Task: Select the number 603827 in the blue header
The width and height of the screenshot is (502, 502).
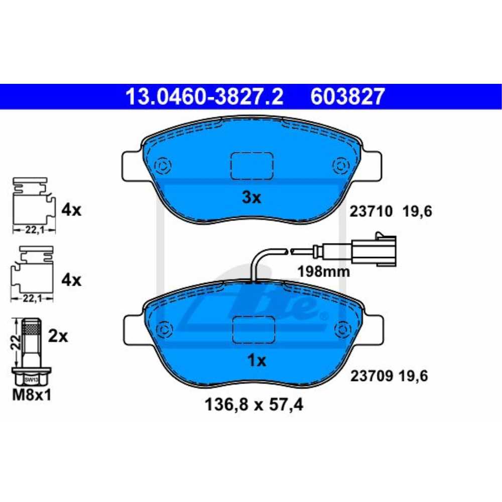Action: tap(348, 96)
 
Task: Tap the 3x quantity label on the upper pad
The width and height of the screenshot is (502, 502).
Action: tap(252, 198)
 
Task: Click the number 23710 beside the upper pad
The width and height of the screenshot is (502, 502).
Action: tap(370, 212)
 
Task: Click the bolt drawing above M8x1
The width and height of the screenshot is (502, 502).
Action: tap(32, 351)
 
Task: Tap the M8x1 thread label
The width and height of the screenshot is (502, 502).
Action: tap(32, 395)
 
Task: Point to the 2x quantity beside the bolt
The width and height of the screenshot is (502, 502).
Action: tap(58, 336)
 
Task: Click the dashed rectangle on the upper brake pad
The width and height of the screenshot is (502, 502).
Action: tap(252, 165)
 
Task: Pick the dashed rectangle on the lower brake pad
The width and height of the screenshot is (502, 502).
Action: tap(254, 329)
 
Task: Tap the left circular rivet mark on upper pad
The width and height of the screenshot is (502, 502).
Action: tap(163, 165)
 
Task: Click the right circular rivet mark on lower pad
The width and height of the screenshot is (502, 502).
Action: tap(343, 329)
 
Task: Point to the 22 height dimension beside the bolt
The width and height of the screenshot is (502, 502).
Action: tap(17, 343)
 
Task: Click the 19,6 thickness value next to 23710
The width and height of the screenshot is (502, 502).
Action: tap(417, 212)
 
